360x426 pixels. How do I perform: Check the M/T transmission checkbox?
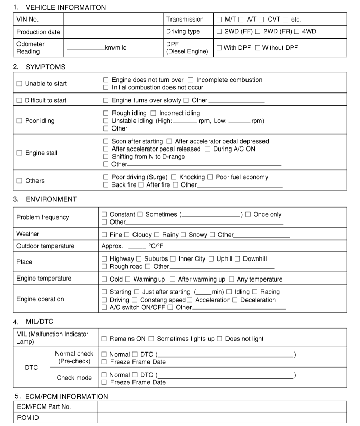[x=219, y=20]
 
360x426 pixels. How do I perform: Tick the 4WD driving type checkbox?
[x=296, y=32]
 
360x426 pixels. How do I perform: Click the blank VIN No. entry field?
[x=113, y=20]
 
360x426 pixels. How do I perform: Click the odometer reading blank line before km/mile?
[x=85, y=48]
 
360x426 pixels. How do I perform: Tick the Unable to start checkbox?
[x=20, y=84]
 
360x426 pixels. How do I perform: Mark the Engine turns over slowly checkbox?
[x=106, y=100]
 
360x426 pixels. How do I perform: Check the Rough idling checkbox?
[x=106, y=113]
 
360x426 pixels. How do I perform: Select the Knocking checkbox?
[x=174, y=177]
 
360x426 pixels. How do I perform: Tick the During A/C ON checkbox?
[x=207, y=149]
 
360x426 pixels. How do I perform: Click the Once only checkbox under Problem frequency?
[x=248, y=214]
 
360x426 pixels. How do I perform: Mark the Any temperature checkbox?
[x=232, y=280]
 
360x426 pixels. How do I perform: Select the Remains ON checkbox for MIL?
[x=104, y=339]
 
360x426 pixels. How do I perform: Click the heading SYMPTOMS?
[x=45, y=67]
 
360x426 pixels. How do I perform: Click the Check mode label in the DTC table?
[x=74, y=378]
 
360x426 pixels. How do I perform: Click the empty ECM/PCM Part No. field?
[x=221, y=406]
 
